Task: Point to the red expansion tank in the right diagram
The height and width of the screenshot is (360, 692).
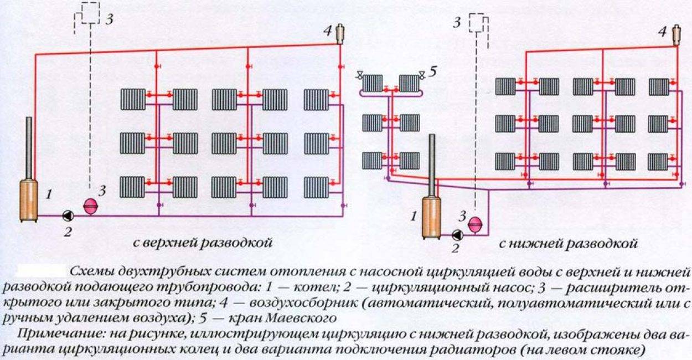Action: point(474,224)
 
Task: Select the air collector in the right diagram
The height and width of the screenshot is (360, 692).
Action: point(676,35)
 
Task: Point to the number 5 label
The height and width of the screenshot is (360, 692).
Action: point(433,71)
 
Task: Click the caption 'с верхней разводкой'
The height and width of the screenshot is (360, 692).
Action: point(203,243)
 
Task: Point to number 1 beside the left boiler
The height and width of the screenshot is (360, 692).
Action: point(49,194)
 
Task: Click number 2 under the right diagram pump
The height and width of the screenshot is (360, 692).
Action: point(455,248)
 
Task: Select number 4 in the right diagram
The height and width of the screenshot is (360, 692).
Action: point(662,32)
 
